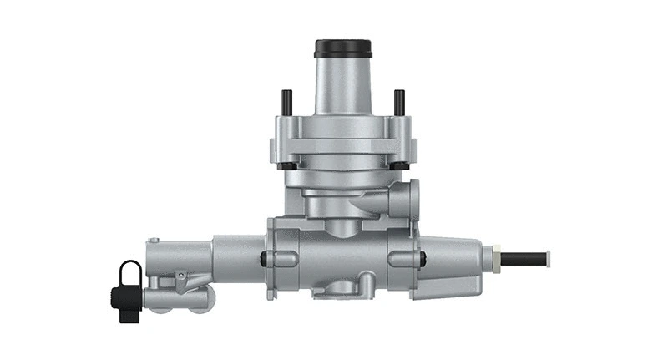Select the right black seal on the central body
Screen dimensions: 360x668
tap(421, 258)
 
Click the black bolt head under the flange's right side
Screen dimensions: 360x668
tap(399, 166)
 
